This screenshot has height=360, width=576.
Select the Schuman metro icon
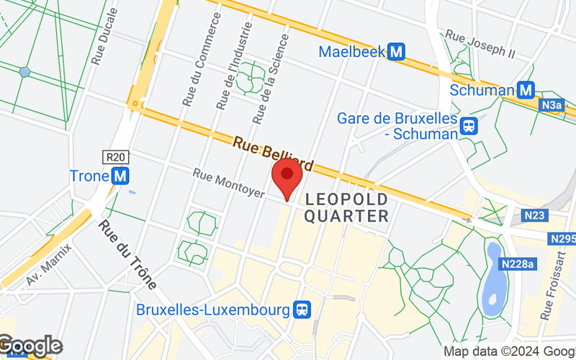coord(526,90)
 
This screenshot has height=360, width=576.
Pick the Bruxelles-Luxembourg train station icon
coord(302,310)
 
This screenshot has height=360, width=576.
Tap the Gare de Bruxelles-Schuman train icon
coord(469,126)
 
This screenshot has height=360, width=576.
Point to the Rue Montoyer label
coord(228,184)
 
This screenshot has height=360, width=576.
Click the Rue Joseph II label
coord(480,44)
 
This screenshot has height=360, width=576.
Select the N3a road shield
coord(552,106)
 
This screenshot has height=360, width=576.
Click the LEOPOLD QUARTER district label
coord(347,207)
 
